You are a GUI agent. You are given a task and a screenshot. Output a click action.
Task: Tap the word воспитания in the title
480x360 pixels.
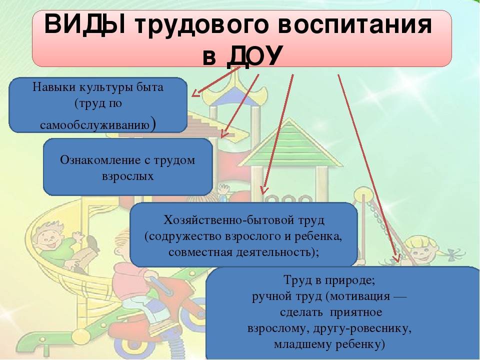tap(355, 27)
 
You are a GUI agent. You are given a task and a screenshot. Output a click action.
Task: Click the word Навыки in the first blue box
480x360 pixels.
tap(54, 87)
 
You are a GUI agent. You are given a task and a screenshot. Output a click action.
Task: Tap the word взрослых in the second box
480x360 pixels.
tap(127, 177)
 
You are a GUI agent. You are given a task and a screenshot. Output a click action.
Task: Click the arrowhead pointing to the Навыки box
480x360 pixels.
tap(195, 93)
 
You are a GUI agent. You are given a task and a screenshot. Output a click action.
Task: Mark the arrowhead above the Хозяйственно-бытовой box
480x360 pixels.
tap(263, 190)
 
